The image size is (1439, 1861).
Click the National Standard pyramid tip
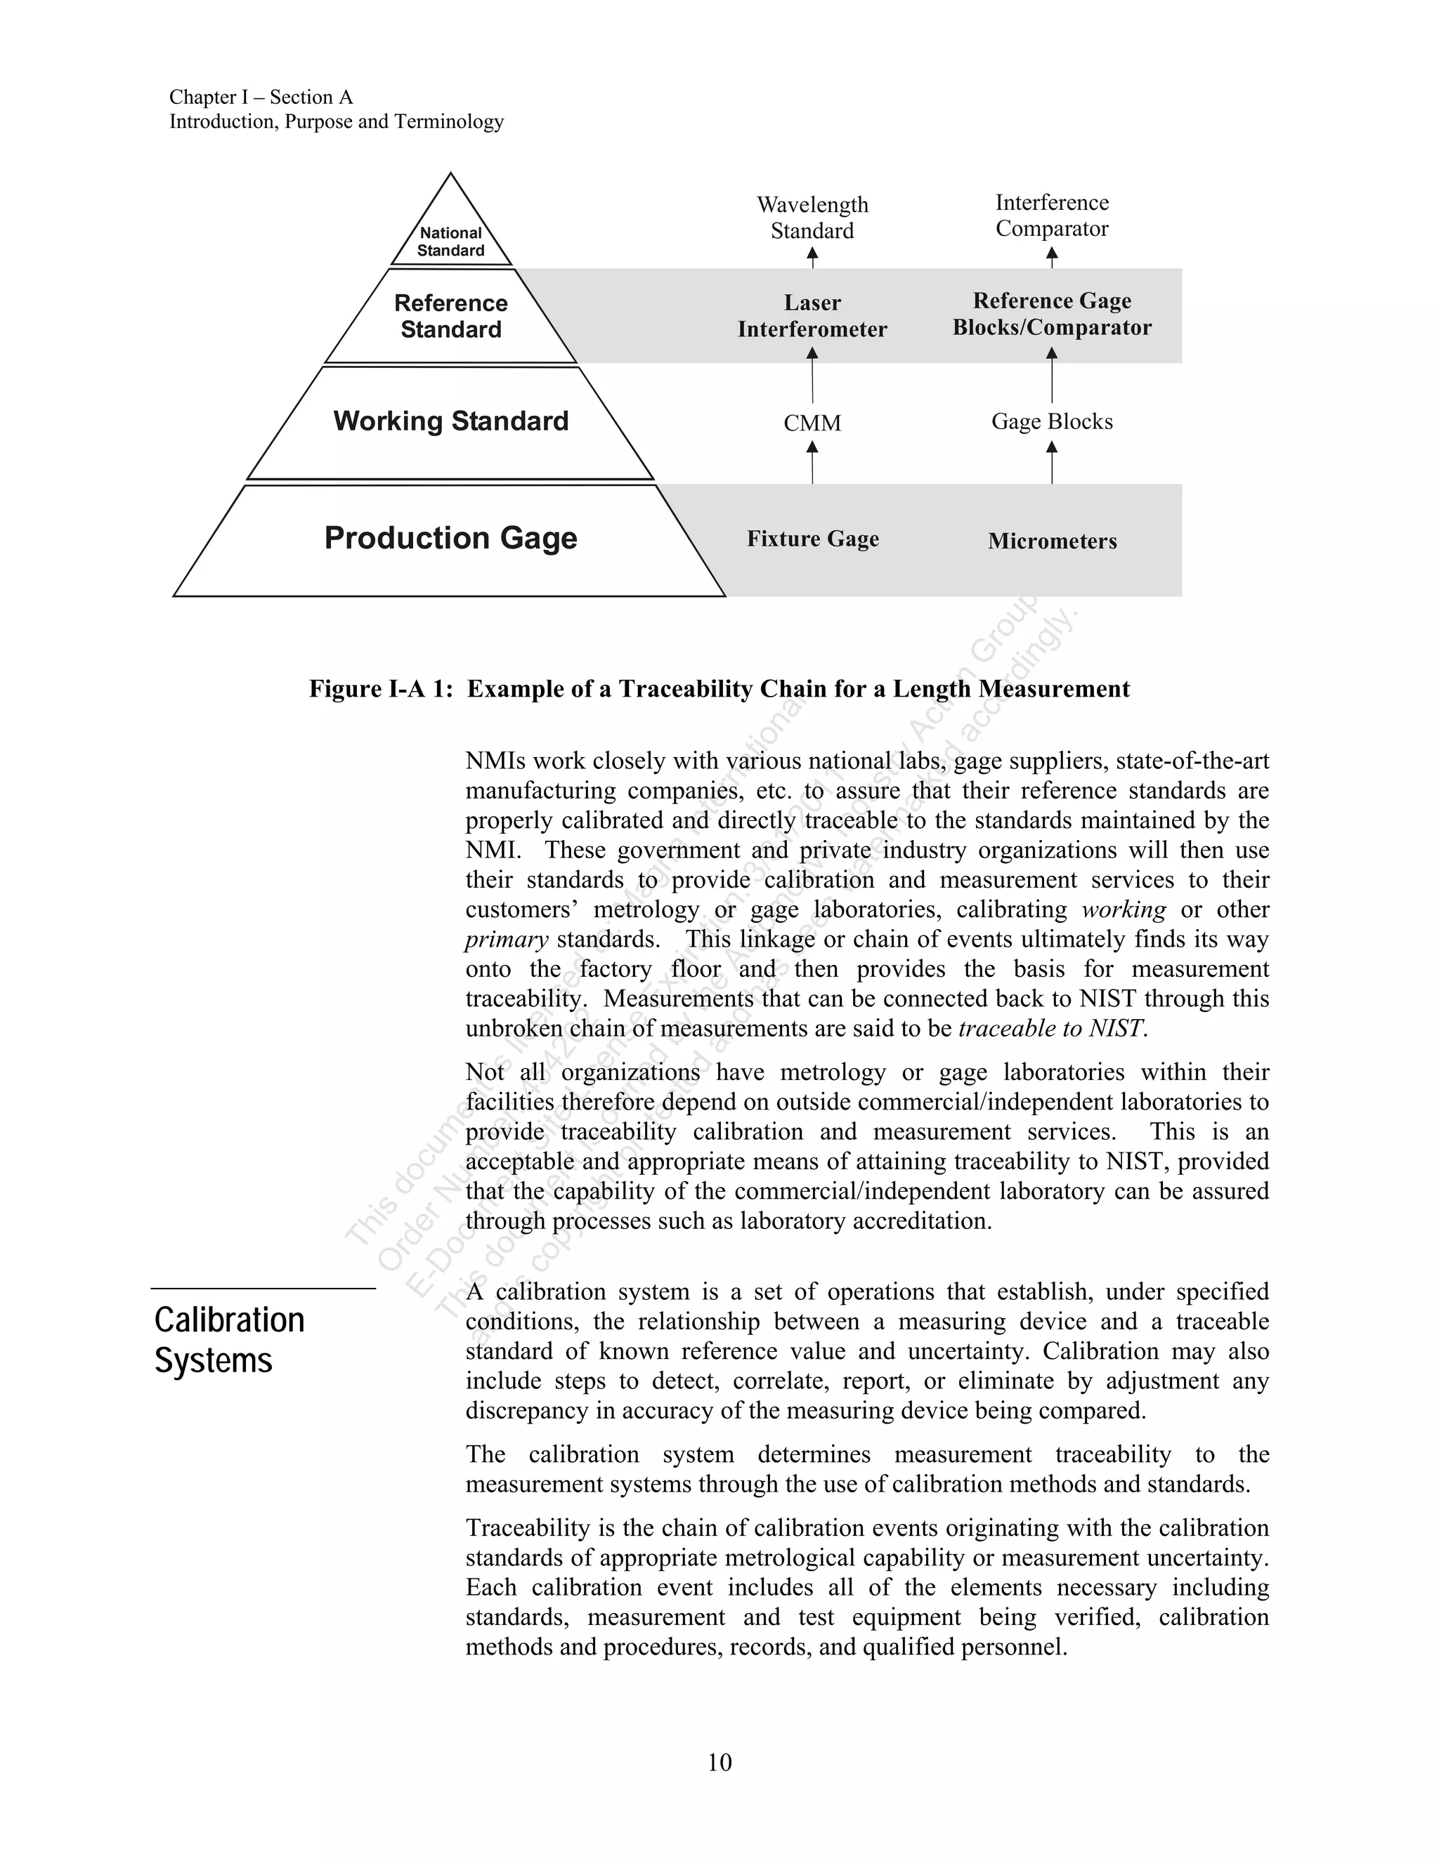click(x=451, y=240)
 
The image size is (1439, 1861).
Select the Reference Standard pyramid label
click(x=451, y=316)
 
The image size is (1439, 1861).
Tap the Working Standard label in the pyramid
click(x=451, y=421)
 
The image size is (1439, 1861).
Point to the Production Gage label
click(x=451, y=538)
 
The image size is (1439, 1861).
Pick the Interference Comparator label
click(x=1052, y=216)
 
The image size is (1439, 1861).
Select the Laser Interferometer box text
click(x=812, y=315)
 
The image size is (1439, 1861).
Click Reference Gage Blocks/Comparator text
click(x=1052, y=314)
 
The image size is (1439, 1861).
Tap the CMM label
click(x=812, y=423)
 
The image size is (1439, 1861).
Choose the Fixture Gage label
click(x=812, y=539)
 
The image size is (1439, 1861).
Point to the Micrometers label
click(x=1052, y=541)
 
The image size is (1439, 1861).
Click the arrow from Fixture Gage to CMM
click(x=812, y=463)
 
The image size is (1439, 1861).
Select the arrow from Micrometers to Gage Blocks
click(x=1052, y=463)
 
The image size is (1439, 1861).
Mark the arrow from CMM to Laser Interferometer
click(x=812, y=375)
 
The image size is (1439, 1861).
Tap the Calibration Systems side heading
click(x=228, y=1341)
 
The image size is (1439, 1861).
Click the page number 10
click(x=719, y=1762)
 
